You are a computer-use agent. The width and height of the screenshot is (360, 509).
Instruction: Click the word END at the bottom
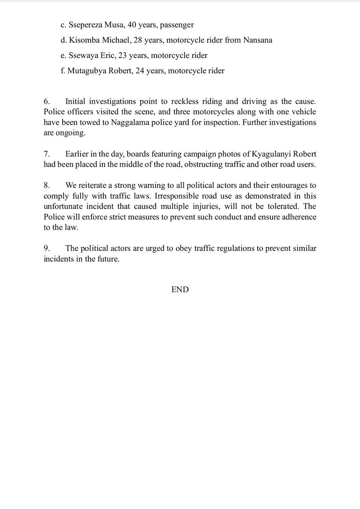coord(180,290)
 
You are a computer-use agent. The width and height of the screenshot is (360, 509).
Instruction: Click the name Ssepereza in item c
coord(86,24)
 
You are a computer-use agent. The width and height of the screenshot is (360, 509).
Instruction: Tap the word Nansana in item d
coord(258,40)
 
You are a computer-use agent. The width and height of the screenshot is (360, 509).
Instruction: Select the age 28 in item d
coord(133,40)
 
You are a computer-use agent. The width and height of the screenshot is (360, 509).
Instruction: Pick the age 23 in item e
coord(120,56)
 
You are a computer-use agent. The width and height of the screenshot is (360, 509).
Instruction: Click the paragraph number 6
coord(47,101)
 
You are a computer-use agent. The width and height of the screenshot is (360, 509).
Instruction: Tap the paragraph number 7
coord(47,154)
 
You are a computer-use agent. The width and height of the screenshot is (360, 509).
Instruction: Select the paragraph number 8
coord(47,185)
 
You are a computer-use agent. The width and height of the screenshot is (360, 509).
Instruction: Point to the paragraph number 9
coord(47,248)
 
